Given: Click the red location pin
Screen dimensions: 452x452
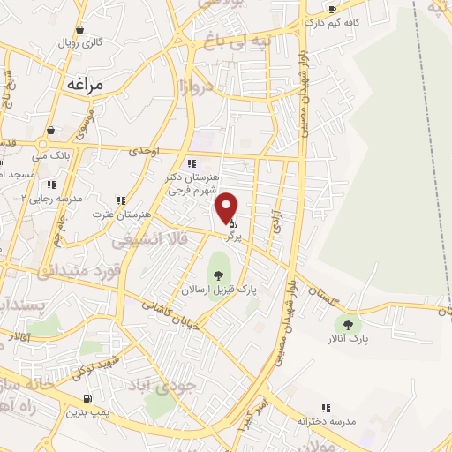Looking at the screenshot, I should (x=228, y=207).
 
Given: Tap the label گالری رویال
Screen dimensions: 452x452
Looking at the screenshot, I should (x=81, y=42).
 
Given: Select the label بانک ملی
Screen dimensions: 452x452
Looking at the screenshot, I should (x=50, y=155).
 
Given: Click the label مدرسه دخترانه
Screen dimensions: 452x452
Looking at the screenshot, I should (x=326, y=421).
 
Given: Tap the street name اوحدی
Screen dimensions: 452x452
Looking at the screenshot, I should (x=143, y=151).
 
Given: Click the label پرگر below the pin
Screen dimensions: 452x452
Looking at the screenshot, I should (x=233, y=237).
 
